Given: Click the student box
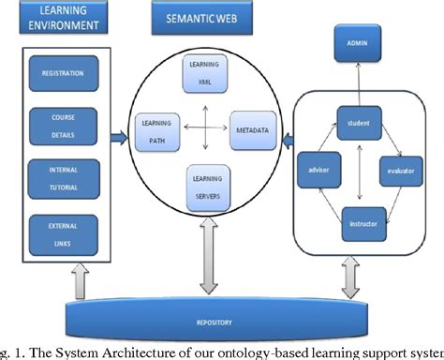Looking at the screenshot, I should (x=363, y=122).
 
